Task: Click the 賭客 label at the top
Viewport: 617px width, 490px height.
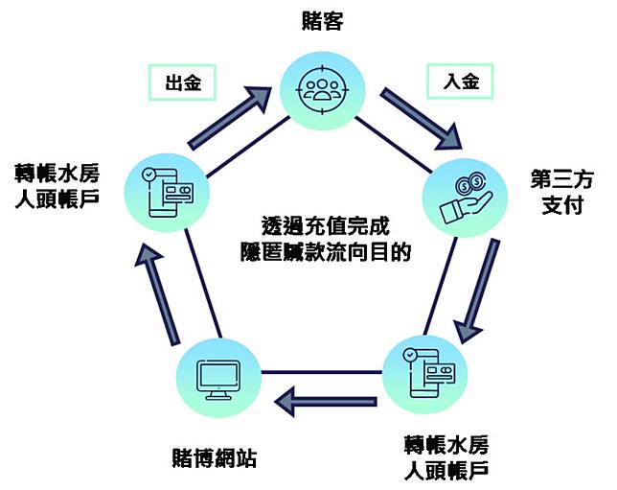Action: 322,21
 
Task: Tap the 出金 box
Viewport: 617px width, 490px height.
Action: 183,82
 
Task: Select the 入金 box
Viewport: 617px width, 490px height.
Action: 460,82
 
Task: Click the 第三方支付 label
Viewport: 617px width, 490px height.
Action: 561,192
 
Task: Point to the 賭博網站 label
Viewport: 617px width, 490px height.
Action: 215,457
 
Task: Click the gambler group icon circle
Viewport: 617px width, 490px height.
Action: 323,90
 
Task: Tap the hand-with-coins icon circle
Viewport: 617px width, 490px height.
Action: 465,198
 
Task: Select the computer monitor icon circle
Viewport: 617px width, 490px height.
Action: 218,378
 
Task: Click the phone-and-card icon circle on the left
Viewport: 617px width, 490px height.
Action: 167,193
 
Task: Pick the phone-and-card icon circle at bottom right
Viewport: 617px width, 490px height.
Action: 425,374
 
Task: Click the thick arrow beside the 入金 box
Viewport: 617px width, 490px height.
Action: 422,119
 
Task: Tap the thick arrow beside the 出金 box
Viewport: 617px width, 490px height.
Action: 229,118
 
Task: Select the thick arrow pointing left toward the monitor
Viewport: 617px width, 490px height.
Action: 326,402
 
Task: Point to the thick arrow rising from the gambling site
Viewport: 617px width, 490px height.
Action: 157,293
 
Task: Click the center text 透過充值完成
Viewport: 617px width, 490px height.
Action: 326,225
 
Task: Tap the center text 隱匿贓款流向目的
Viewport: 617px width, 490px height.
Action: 326,251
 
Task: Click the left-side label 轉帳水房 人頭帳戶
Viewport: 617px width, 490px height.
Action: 57,187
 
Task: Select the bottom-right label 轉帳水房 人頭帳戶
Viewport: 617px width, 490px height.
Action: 446,458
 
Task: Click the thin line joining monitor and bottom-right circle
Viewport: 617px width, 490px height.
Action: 322,371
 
